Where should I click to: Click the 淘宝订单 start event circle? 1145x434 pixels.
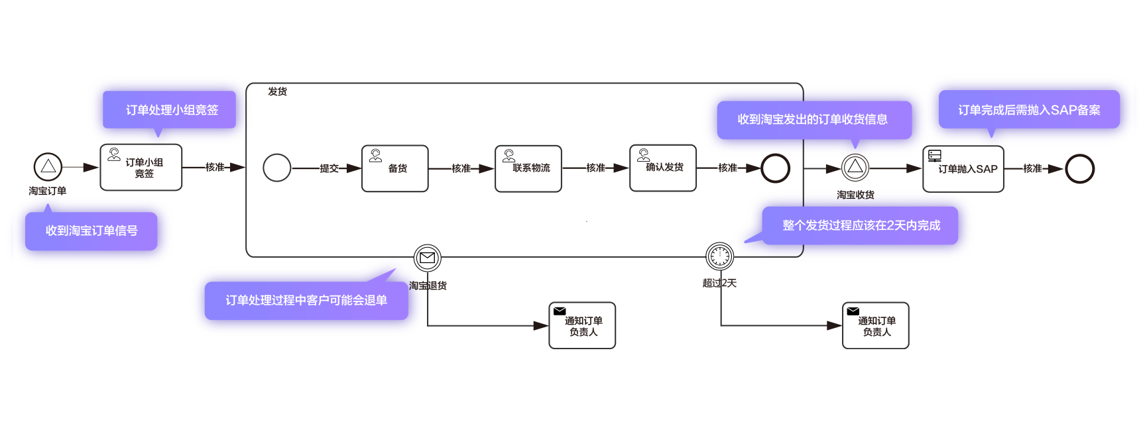click(48, 167)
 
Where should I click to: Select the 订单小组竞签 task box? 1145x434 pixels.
click(141, 168)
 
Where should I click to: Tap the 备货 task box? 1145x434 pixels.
click(395, 168)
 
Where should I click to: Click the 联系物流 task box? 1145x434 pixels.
click(528, 168)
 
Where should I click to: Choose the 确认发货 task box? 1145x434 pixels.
click(662, 168)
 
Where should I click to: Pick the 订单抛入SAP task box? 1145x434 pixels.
click(963, 169)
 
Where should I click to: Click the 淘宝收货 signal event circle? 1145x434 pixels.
click(855, 167)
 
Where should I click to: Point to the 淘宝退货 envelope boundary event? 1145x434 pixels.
click(427, 258)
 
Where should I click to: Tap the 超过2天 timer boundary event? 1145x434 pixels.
click(719, 256)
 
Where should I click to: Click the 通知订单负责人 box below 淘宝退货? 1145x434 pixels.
click(582, 325)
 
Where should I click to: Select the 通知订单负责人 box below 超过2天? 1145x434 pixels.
click(875, 325)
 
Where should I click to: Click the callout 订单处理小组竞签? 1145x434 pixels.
click(170, 110)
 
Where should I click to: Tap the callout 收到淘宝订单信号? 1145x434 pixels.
click(91, 231)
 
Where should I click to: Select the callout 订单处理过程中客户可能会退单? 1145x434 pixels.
click(306, 300)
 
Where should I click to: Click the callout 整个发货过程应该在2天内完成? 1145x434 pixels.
click(861, 226)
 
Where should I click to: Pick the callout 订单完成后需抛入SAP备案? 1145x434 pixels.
click(1029, 110)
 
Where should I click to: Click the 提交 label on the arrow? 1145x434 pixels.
click(329, 168)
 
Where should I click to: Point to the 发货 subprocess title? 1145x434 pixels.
click(277, 91)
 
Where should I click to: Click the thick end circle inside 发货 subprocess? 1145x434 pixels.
click(775, 168)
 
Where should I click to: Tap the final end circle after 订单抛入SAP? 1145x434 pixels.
click(1079, 169)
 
